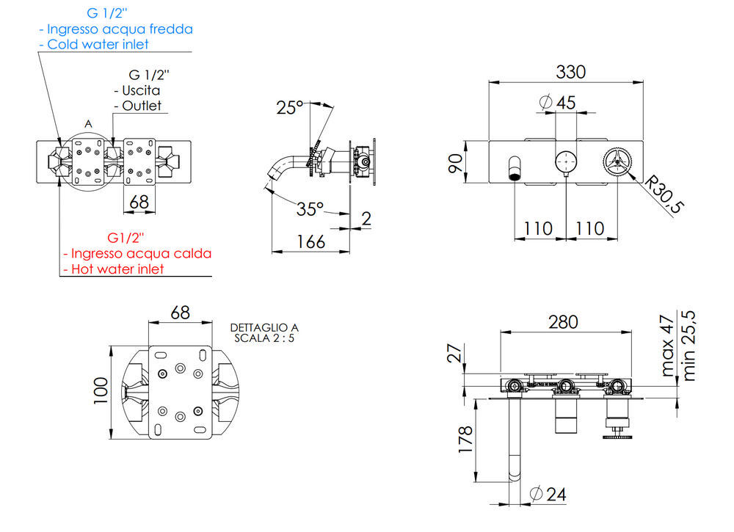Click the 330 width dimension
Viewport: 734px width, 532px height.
570,72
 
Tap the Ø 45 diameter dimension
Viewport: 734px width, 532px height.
557,102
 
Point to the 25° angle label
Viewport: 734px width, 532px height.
289,107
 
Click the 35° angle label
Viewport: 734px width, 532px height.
310,208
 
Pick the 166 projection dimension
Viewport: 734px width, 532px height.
310,242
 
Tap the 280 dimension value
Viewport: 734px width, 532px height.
563,322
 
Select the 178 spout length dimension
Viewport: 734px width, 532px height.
466,439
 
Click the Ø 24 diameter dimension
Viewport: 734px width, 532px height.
548,494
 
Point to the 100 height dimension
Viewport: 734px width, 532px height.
101,390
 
